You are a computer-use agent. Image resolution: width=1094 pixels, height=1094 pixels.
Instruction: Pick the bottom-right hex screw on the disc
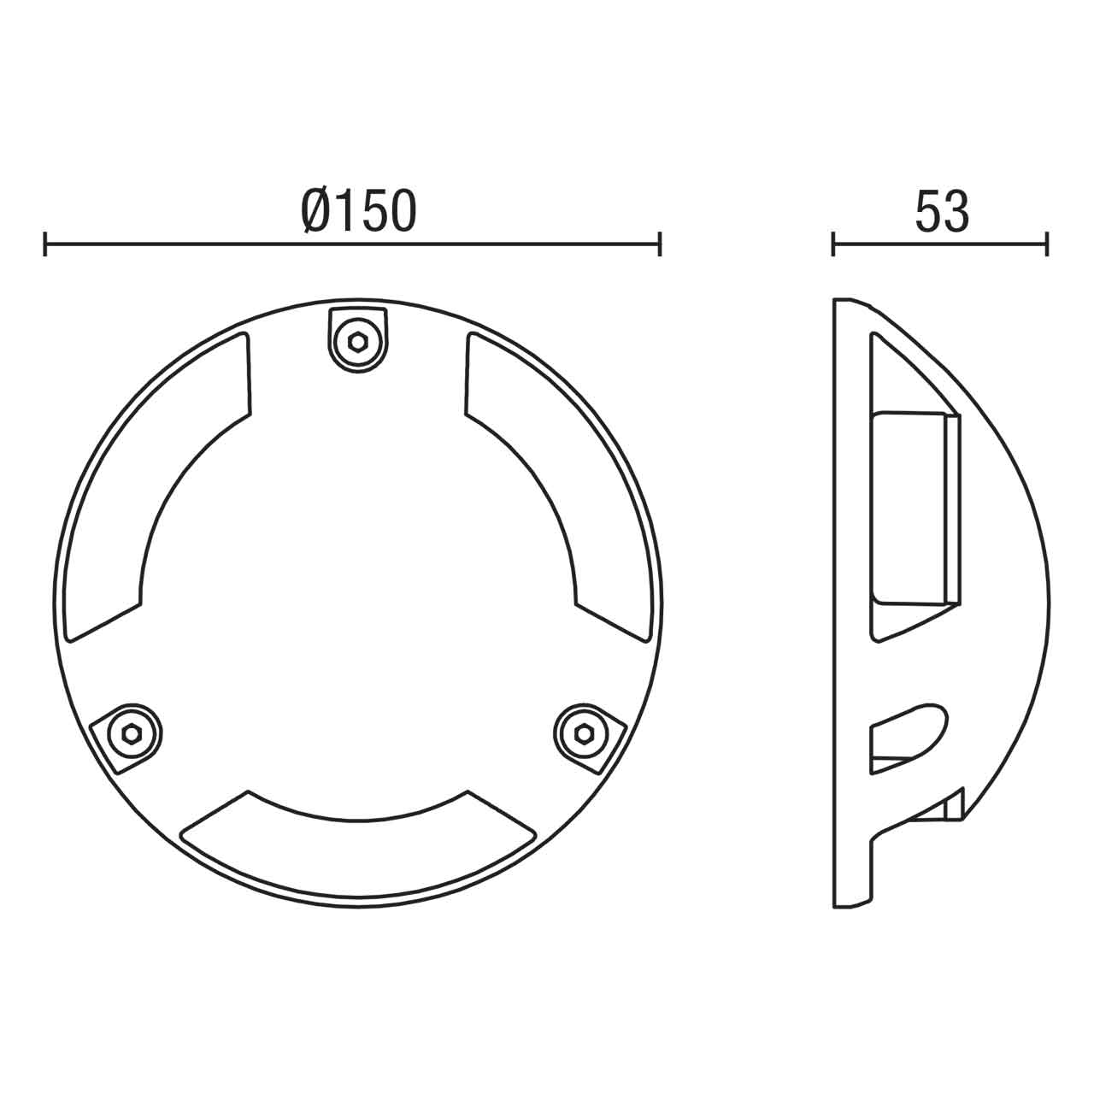(x=585, y=732)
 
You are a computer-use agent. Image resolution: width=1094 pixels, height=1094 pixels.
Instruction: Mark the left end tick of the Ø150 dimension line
(x=45, y=244)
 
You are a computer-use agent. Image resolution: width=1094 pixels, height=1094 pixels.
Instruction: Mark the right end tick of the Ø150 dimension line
(x=660, y=244)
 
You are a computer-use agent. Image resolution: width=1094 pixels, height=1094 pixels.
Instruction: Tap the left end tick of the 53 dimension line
(x=833, y=244)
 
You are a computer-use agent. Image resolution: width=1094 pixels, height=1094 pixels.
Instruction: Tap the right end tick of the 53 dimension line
(x=1046, y=244)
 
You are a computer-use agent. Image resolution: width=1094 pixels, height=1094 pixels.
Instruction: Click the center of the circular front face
(x=357, y=598)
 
